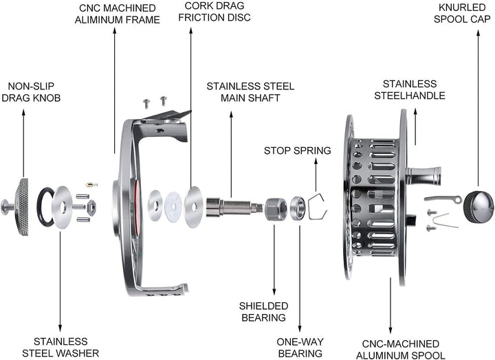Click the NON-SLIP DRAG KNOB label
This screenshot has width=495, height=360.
pyautogui.click(x=31, y=92)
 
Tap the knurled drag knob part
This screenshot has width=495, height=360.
pyautogui.click(x=23, y=207)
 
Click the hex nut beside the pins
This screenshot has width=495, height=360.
pyautogui.click(x=91, y=207)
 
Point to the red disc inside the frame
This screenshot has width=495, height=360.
pyautogui.click(x=137, y=207)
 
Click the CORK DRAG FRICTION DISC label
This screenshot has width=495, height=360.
pyautogui.click(x=214, y=12)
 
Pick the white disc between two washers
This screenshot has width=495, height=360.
pyautogui.click(x=173, y=207)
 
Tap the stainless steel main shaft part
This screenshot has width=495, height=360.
pyautogui.click(x=234, y=207)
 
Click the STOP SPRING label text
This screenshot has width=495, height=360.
pyautogui.click(x=298, y=150)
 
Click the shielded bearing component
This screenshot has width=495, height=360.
pyautogui.click(x=276, y=209)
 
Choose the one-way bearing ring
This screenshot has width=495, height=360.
pyautogui.click(x=298, y=208)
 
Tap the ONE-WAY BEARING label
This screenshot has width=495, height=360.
pyautogui.click(x=300, y=348)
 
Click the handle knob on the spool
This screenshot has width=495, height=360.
pyautogui.click(x=423, y=176)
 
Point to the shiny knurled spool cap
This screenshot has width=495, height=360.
pyautogui.click(x=478, y=207)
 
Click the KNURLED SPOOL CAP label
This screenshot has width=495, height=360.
pyautogui.click(x=462, y=13)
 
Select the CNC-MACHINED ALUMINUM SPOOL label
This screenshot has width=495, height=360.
pyautogui.click(x=401, y=349)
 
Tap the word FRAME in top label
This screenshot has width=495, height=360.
pyautogui.click(x=143, y=19)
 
